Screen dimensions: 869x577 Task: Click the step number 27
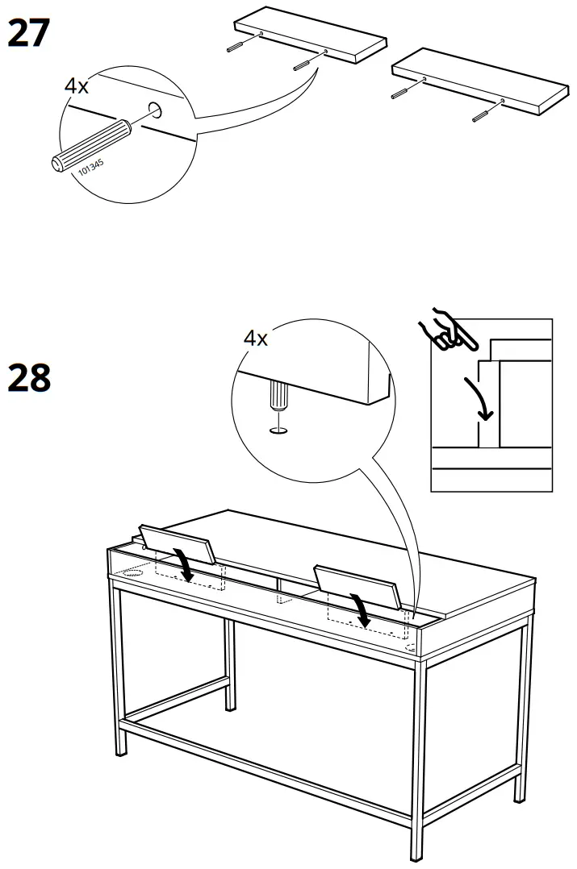click(x=29, y=33)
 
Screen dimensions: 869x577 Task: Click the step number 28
click(x=29, y=378)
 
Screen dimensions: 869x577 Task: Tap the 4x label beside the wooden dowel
click(x=77, y=86)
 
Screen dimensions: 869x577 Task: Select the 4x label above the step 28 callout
click(x=256, y=339)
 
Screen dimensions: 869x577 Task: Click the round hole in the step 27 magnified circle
click(x=155, y=111)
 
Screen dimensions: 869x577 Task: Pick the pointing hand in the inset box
click(x=442, y=331)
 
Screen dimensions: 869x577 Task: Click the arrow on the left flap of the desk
click(x=185, y=564)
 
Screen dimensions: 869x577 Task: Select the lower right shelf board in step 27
click(x=476, y=81)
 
